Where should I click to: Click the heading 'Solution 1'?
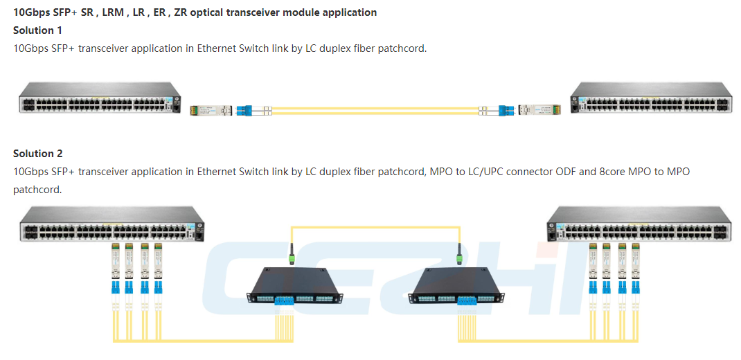click(x=37, y=30)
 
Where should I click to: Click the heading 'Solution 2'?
click(x=38, y=154)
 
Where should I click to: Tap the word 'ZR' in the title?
click(x=180, y=12)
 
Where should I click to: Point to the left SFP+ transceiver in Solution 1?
click(x=210, y=111)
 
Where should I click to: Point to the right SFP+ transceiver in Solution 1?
click(x=539, y=111)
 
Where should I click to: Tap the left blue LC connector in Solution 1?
click(x=245, y=111)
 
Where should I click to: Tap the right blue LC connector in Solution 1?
click(x=505, y=111)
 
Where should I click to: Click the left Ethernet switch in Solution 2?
click(x=112, y=224)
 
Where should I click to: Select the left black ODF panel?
click(x=296, y=286)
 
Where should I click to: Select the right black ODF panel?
click(x=456, y=286)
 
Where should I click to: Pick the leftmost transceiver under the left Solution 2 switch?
click(x=114, y=261)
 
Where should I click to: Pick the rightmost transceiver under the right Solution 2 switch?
click(x=636, y=261)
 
